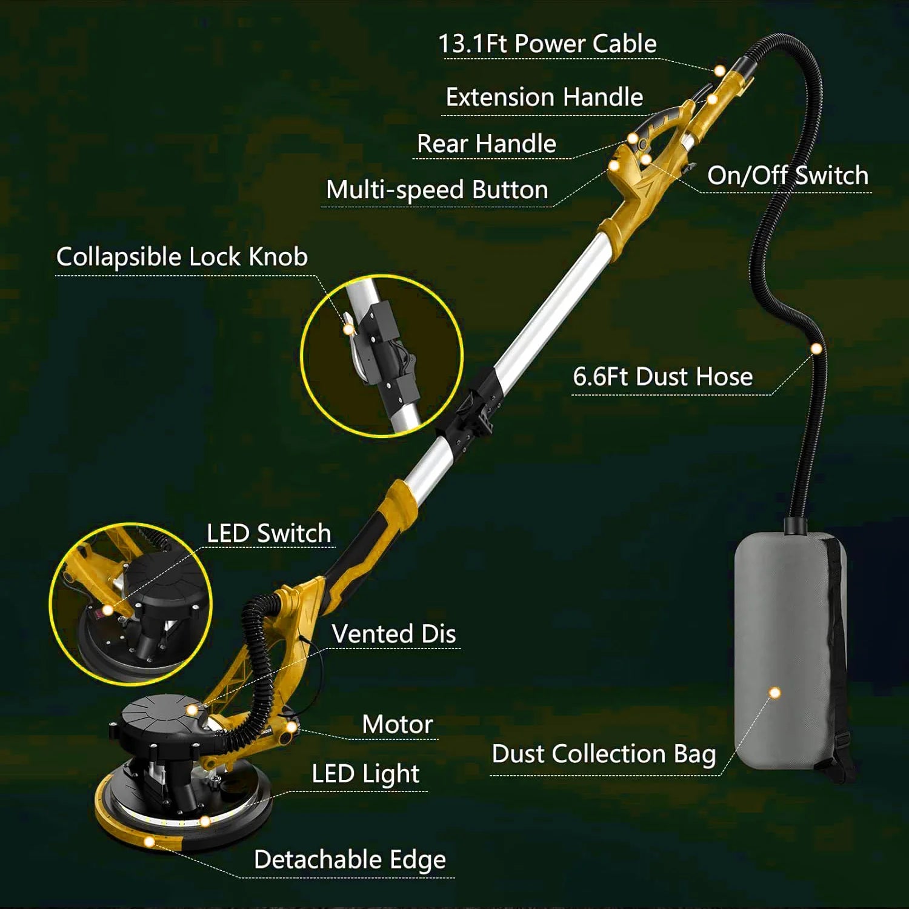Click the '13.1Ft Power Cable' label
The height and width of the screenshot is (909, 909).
point(547,44)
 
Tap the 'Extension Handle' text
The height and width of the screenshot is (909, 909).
point(544,97)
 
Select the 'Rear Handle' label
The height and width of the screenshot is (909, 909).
point(487,144)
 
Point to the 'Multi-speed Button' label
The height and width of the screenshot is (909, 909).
point(437,190)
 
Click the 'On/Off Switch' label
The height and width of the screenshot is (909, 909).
point(788,175)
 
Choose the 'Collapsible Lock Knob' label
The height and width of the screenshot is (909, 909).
point(182,257)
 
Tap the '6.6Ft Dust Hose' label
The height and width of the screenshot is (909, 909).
point(663,376)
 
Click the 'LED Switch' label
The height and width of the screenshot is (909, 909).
point(269,533)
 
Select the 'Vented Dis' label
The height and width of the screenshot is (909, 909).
point(394,634)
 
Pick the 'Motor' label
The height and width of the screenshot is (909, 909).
point(398,724)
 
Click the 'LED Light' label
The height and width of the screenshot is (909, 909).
point(365,774)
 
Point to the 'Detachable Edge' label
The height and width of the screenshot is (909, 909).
point(350,859)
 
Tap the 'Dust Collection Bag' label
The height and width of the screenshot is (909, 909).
point(604,754)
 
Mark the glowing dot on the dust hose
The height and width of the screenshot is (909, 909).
point(816,348)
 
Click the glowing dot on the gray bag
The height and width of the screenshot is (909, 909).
point(774,693)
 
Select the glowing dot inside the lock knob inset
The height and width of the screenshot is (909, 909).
point(348,330)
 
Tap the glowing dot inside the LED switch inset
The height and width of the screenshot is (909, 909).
point(107,610)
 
